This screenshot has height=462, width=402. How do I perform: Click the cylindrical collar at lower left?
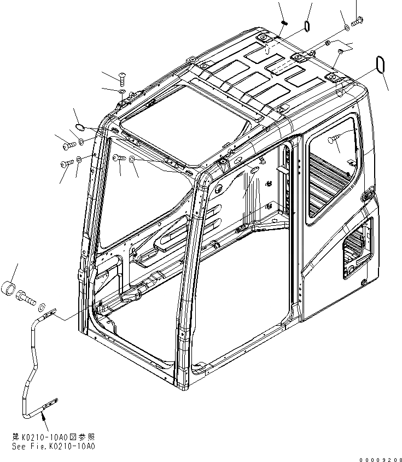tap(10, 288)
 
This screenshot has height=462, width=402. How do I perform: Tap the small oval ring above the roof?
tap(307, 26)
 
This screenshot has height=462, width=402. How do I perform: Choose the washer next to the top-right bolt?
tap(346, 27)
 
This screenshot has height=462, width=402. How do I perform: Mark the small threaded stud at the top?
tap(285, 22)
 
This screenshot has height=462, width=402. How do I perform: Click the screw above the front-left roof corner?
tap(121, 77)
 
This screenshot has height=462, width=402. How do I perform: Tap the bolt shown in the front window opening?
tap(119, 159)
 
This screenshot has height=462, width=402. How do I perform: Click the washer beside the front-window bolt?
tap(132, 160)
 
